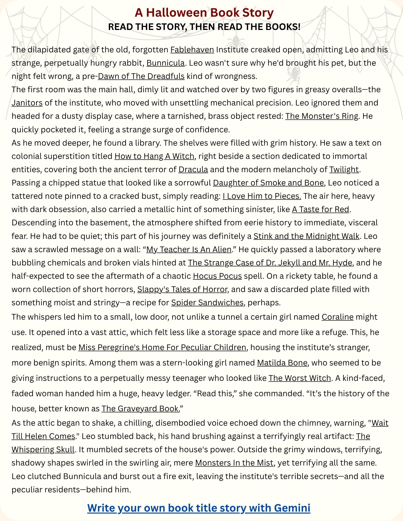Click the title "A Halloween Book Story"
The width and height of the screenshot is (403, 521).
pos(204,13)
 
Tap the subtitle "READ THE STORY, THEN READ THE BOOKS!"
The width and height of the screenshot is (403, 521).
pos(204,27)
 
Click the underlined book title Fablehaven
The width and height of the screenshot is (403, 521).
pos(192,49)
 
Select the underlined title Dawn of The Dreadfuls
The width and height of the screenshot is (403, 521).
pos(141,76)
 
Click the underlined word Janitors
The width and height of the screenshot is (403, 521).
pos(27,103)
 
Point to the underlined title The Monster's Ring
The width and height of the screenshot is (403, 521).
pos(322,116)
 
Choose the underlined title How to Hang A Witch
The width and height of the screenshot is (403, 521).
pos(154,156)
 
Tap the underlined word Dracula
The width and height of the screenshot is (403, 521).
pos(193,169)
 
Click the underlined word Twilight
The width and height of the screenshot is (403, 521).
pos(344,169)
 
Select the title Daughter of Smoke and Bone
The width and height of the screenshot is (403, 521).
pos(268,183)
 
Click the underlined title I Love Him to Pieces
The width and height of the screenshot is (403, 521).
pos(262,196)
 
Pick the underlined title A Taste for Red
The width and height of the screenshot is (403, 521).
pos(320,209)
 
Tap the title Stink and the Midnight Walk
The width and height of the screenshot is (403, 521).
pos(306,236)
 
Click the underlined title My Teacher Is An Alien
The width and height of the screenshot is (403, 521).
pos(189,249)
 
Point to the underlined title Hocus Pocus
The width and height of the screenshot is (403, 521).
pos(217,276)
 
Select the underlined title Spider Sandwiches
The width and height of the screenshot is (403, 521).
pos(207,302)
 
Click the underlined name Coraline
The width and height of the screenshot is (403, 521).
pos(337,317)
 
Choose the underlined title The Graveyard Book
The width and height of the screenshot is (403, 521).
pos(140,408)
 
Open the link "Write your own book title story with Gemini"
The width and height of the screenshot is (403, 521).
pos(199,508)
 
